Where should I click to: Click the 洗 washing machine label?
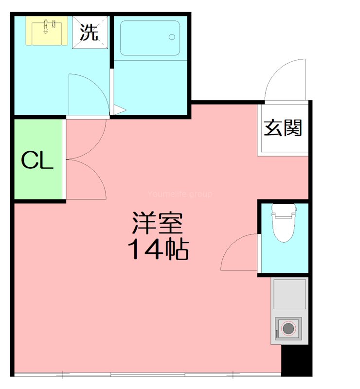89,33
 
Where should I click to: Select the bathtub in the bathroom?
149,38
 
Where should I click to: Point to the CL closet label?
37,160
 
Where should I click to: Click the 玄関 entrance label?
283,128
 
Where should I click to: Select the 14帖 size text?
157,250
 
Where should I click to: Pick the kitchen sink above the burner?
289,294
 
